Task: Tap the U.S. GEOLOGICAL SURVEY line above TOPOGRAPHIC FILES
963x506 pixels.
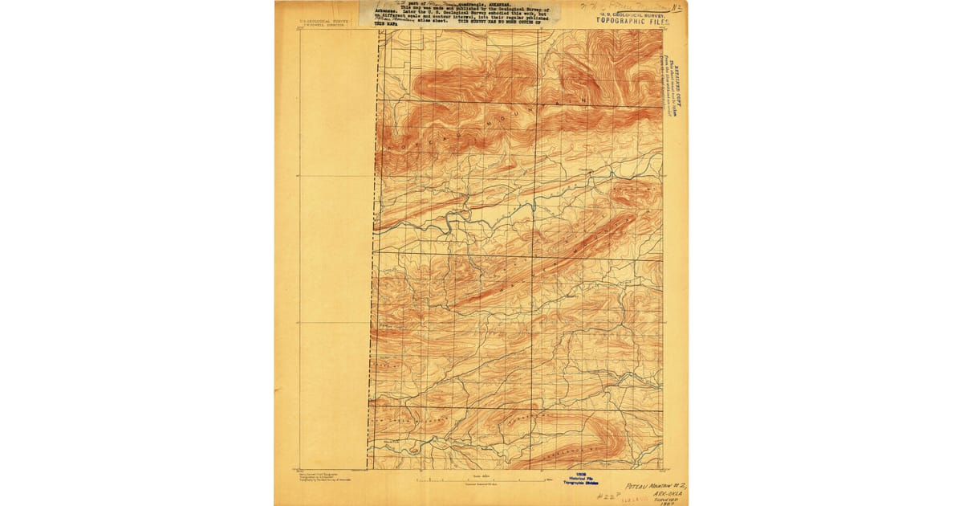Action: (x=631, y=14)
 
